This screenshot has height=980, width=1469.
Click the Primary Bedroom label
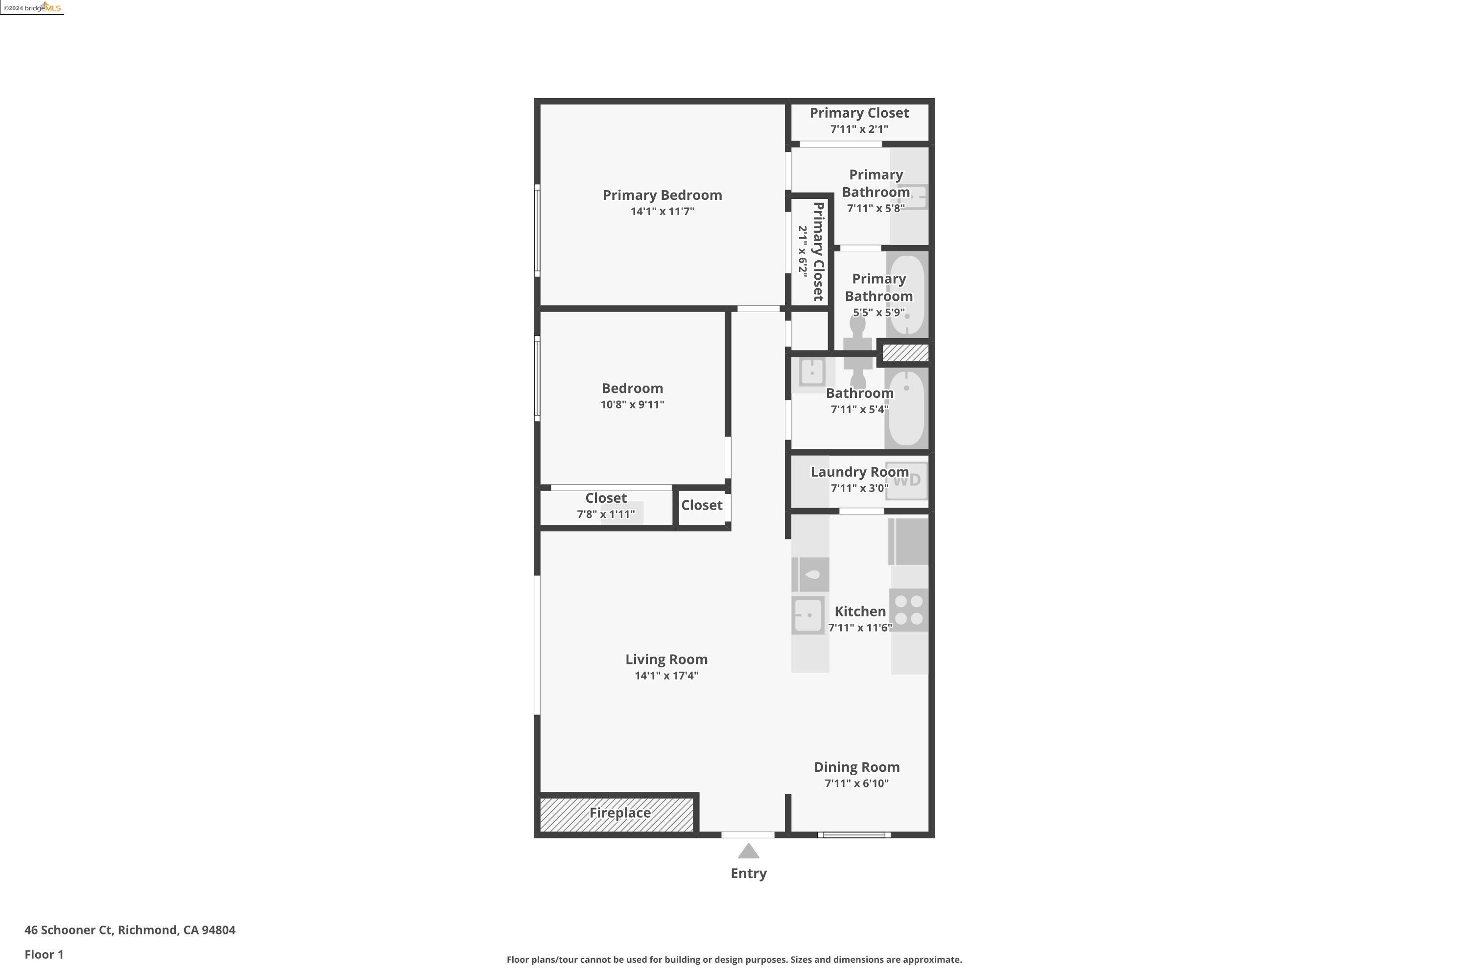[662, 195]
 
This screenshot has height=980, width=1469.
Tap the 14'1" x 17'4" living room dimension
[666, 675]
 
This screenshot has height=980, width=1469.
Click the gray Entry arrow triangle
[748, 851]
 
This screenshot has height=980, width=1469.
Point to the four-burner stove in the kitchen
[909, 610]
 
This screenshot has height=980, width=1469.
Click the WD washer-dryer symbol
[906, 480]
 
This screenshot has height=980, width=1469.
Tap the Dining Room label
[856, 767]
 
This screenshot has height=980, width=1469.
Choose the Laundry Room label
[859, 472]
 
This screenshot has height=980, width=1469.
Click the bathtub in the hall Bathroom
[906, 408]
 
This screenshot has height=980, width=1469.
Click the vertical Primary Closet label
[818, 251]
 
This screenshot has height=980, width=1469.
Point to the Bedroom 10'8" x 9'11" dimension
[632, 404]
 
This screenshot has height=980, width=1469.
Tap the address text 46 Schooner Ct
[70, 930]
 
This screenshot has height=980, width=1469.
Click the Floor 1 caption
[44, 955]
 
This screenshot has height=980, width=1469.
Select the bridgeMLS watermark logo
[32, 7]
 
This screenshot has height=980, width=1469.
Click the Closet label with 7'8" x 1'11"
[606, 498]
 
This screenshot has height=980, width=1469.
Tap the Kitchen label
[860, 611]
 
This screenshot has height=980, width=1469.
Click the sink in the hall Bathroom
[812, 373]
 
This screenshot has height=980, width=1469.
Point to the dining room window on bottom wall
[854, 834]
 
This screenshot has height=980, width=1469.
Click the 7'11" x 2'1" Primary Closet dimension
[859, 129]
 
